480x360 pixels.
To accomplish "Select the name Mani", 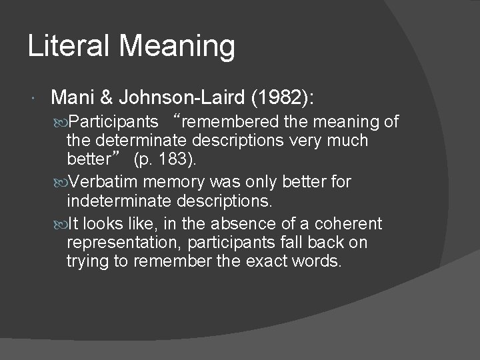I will click(71, 98).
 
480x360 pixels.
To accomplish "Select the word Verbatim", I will click(102, 181).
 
